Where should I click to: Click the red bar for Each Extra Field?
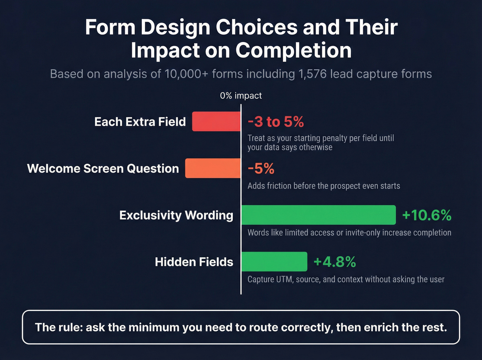tap(216, 121)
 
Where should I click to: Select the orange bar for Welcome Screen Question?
tap(213, 168)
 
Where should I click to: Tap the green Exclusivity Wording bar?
tap(318, 215)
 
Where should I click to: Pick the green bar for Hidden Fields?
tap(274, 261)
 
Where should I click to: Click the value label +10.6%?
tap(427, 215)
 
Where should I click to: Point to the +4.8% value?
tap(335, 262)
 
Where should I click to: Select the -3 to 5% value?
tap(276, 122)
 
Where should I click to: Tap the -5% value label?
tap(261, 168)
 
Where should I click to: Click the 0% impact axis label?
tap(241, 95)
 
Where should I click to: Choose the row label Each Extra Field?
tap(140, 122)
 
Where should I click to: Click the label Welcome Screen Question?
tap(103, 168)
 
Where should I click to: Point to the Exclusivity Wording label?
tap(176, 215)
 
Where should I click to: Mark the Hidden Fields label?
tap(194, 262)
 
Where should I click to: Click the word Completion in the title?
tap(293, 50)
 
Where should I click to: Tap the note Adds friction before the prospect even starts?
tap(324, 186)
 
